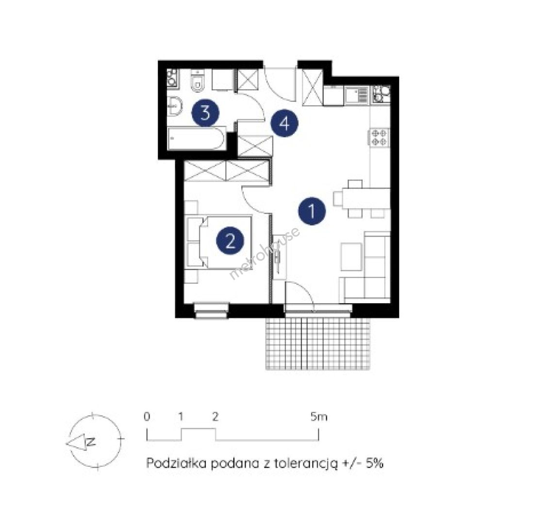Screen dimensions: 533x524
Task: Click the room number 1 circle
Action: click(312, 211)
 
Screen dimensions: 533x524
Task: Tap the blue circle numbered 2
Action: click(230, 241)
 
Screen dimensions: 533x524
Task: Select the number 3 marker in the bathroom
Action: click(205, 113)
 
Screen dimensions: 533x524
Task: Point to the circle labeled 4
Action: click(284, 123)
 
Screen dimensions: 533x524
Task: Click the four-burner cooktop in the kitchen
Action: click(378, 137)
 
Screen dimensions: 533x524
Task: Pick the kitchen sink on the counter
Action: click(356, 95)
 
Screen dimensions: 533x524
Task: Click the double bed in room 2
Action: click(219, 242)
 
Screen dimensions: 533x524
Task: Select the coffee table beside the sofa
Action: click(351, 257)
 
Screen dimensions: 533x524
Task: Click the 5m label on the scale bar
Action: click(319, 416)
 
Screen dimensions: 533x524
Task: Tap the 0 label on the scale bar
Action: click(147, 416)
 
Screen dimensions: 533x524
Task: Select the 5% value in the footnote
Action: click(374, 463)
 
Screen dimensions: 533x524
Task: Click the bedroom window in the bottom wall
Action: click(212, 310)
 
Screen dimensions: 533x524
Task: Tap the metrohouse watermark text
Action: click(265, 253)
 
